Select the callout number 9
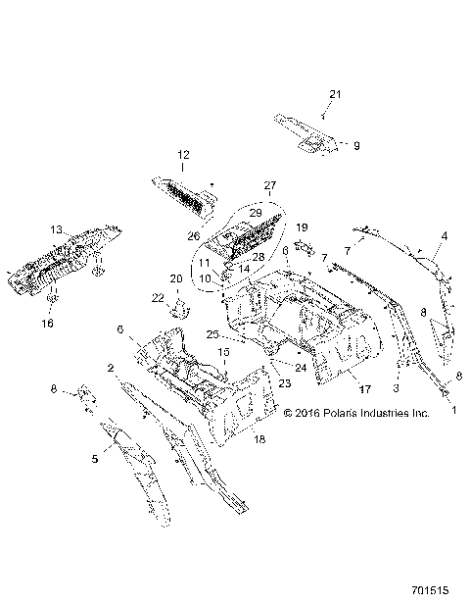tap(356, 145)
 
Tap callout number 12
tap(182, 155)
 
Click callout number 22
tap(158, 297)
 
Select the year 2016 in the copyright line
tap(316, 413)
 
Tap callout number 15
tap(223, 351)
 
